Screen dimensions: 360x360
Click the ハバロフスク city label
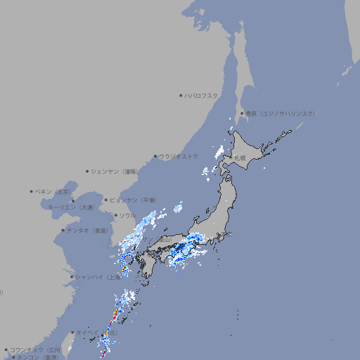click(x=202, y=95)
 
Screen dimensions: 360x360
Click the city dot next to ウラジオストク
click(x=155, y=157)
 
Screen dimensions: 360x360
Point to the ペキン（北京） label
click(x=53, y=191)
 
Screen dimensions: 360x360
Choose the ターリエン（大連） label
click(x=71, y=207)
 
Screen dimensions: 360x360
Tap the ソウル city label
click(x=127, y=215)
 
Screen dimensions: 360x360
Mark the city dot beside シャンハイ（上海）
click(x=72, y=277)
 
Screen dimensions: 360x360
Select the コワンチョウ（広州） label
click(x=36, y=349)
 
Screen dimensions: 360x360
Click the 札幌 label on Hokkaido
click(x=240, y=158)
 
